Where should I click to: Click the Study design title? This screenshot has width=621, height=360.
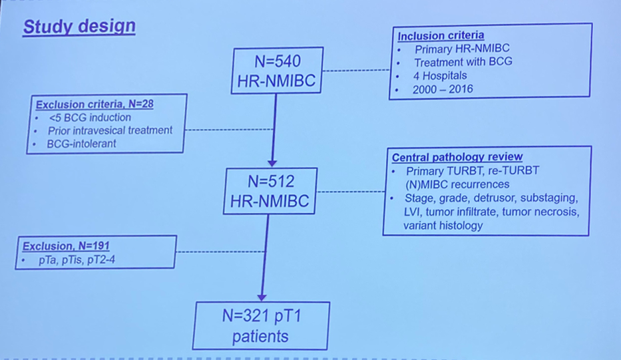(x=79, y=27)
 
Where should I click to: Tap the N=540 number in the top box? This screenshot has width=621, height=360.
(x=278, y=62)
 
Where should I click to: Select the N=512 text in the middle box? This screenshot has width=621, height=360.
(x=270, y=181)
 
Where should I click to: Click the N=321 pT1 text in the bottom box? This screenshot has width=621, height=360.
(x=262, y=316)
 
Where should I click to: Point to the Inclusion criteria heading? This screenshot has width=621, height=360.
(x=441, y=35)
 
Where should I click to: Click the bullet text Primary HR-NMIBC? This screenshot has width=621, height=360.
(x=462, y=49)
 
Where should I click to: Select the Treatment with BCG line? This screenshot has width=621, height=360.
(x=463, y=62)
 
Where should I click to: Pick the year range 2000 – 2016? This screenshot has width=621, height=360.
(x=443, y=89)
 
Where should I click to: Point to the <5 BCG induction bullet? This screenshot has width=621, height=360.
(x=90, y=117)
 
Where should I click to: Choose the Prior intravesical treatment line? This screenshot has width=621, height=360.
(x=110, y=130)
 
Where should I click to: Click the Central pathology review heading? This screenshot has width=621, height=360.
(x=457, y=158)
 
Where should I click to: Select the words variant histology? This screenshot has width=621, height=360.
(x=443, y=226)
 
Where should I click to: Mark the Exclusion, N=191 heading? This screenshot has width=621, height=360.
(x=65, y=246)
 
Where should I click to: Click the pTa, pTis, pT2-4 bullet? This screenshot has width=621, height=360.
(x=81, y=260)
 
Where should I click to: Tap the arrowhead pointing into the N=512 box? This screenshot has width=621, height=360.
(x=272, y=162)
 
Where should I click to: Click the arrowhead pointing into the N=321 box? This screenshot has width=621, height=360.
(x=262, y=297)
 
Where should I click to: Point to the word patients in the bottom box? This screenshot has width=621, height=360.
(x=260, y=337)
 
